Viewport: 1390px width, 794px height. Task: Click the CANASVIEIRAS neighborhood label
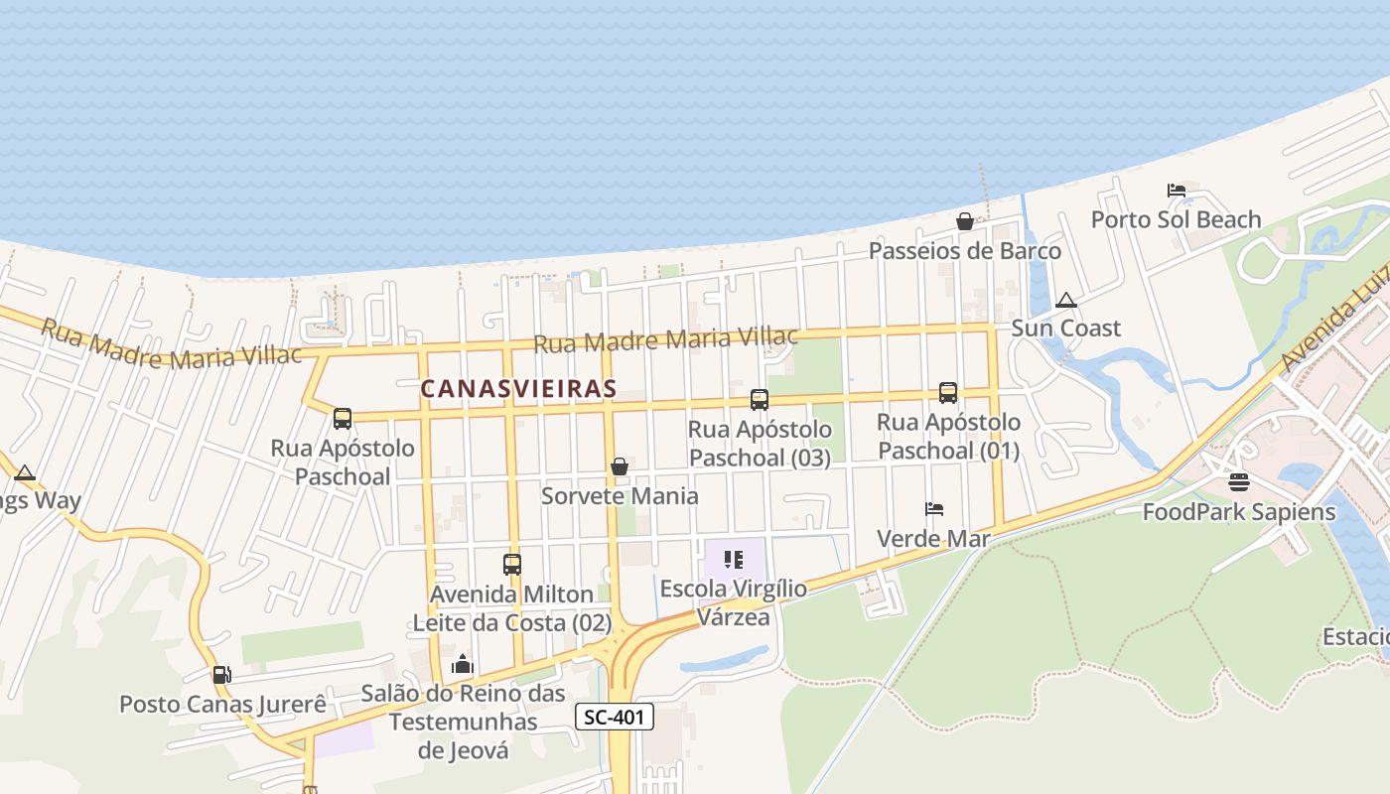[518, 389]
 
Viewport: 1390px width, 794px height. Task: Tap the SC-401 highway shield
[615, 717]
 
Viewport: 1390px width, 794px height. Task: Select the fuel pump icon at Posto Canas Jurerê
[221, 675]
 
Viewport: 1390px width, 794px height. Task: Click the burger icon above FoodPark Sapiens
[1238, 482]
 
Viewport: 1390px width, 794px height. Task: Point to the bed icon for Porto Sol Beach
[1177, 191]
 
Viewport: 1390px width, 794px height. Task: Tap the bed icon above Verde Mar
[933, 509]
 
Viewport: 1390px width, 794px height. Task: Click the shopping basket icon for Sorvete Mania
[620, 466]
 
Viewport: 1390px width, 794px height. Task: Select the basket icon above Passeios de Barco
[964, 221]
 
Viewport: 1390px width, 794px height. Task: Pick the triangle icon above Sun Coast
[1065, 300]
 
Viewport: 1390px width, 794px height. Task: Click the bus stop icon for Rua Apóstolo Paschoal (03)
[760, 400]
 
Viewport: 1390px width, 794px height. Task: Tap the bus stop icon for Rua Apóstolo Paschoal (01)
[948, 393]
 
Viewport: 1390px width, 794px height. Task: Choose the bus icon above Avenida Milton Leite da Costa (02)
[512, 565]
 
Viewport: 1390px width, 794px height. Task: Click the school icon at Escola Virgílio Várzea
[734, 560]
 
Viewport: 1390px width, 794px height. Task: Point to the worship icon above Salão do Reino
[463, 663]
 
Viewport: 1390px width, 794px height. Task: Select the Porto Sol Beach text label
[1176, 219]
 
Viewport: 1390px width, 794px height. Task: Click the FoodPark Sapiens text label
[1239, 512]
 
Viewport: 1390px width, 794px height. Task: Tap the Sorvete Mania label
[620, 495]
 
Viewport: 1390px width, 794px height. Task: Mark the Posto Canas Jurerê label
[222, 704]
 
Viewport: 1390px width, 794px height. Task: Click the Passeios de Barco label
[964, 250]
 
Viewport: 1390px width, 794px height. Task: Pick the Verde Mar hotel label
[933, 538]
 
